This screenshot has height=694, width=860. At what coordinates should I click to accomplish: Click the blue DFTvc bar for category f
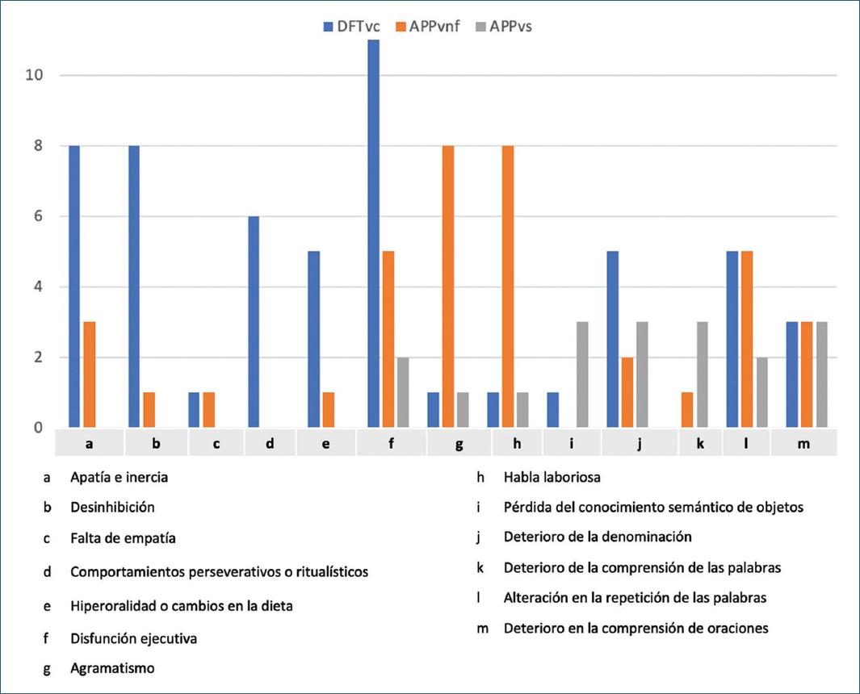click(x=373, y=234)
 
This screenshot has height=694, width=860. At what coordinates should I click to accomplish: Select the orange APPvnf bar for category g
click(x=447, y=286)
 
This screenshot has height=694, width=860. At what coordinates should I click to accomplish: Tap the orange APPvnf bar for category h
click(x=507, y=286)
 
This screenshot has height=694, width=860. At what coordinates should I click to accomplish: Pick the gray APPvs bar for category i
click(x=581, y=374)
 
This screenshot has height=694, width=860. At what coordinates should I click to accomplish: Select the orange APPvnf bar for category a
click(x=90, y=374)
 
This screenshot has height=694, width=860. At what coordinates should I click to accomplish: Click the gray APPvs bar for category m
click(x=821, y=374)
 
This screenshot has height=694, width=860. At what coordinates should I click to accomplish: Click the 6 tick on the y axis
click(x=36, y=217)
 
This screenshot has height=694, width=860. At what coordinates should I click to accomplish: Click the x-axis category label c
click(x=216, y=442)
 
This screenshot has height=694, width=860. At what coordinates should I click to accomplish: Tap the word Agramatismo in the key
click(x=112, y=668)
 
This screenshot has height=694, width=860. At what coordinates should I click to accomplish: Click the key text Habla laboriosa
click(x=552, y=477)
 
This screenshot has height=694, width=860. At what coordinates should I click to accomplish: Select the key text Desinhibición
click(x=112, y=508)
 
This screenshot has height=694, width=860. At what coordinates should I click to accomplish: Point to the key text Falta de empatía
click(x=123, y=538)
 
